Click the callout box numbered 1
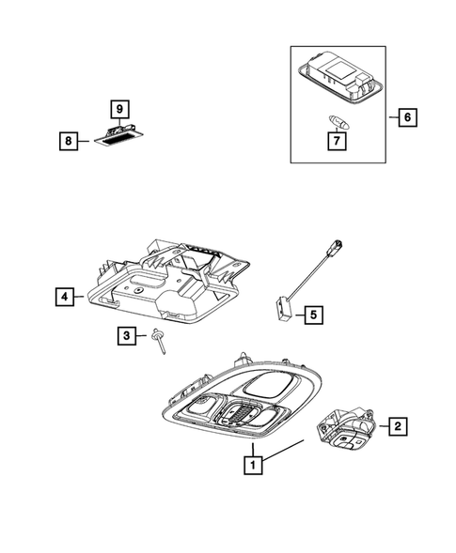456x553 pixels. [x=251, y=463]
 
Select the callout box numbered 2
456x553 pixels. [x=398, y=427]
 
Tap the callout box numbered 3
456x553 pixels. [x=126, y=335]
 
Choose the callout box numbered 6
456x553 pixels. [x=406, y=118]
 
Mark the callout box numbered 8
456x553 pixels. [x=69, y=141]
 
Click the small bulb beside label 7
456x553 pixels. [x=335, y=119]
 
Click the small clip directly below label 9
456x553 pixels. [x=118, y=129]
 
